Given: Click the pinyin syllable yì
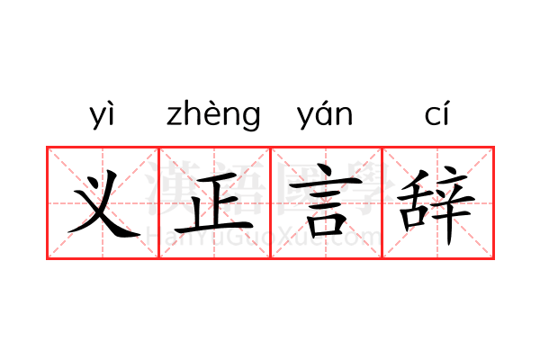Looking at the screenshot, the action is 102,115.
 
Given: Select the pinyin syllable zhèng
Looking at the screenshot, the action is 213,115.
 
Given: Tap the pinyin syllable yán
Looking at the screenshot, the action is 325,115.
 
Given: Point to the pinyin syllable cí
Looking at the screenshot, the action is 437,112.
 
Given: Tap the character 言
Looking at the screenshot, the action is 325,202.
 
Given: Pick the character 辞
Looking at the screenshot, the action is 436,205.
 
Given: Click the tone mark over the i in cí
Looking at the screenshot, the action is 446,103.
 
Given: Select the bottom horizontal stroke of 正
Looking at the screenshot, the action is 214,228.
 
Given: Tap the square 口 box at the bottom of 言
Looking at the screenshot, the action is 326,225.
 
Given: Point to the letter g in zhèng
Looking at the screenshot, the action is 251,119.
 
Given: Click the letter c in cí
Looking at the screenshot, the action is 432,116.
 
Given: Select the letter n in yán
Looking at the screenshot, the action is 345,116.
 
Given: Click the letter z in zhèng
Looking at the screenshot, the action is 175,116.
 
